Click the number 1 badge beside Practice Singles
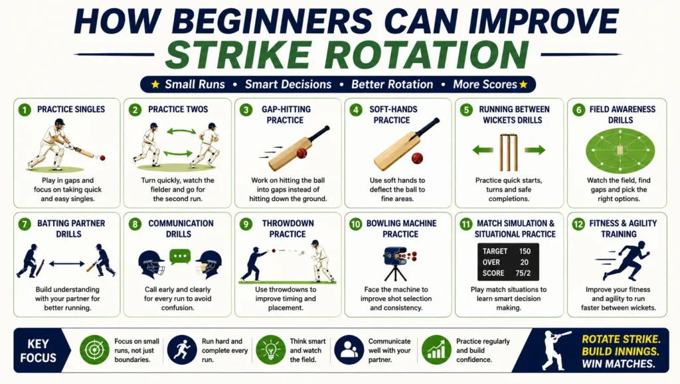tap(25, 109)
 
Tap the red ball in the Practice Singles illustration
tap(102, 158)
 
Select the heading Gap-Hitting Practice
tap(286, 115)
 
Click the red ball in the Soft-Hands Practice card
tap(417, 158)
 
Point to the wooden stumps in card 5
tap(508, 153)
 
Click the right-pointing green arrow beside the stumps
tap(535, 151)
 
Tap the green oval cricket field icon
tap(620, 151)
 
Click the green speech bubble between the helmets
tap(180, 257)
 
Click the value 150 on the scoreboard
tap(525, 251)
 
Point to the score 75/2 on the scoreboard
tap(523, 273)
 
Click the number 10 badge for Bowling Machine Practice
tap(356, 224)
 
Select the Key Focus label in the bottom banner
tap(38, 351)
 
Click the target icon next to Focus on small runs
tap(94, 350)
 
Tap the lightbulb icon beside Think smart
tap(270, 350)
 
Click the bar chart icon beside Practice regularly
tap(436, 350)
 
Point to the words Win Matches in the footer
tap(618, 363)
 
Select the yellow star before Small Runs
tap(155, 84)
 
